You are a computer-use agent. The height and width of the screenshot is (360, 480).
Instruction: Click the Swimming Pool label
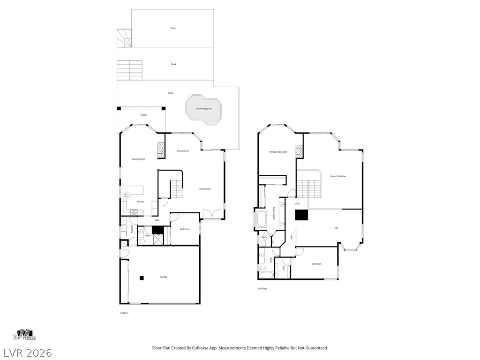coord(204,109)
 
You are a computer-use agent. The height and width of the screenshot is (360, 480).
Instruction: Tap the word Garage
coord(164,277)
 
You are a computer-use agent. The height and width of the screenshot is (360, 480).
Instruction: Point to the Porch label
coord(144,115)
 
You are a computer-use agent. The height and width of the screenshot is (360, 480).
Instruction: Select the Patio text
coord(170,93)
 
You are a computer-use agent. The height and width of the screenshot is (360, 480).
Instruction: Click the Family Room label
coord(138,159)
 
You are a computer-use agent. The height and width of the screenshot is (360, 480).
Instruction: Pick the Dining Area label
coord(183,151)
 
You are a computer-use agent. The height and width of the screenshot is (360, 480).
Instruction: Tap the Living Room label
coord(205,189)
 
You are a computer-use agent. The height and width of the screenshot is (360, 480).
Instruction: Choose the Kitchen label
coord(140,202)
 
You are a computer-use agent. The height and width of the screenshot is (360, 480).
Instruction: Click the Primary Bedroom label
coord(277,152)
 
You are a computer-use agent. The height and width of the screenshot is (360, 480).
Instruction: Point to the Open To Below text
coord(337,176)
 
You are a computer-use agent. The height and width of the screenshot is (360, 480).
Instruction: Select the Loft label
coord(335,228)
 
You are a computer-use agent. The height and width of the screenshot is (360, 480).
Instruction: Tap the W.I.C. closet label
coord(284,269)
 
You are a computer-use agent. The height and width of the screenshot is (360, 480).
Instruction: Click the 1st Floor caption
coord(124,313)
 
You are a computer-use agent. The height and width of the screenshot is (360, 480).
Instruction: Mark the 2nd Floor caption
coord(262,289)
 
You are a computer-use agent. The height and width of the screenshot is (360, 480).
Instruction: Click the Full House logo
coord(25,335)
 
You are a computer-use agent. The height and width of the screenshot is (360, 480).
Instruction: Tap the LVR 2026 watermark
coord(27,352)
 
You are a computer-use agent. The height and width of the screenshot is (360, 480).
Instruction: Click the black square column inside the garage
coord(141,278)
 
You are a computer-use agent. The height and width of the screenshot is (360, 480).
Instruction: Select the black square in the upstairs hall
coord(301,215)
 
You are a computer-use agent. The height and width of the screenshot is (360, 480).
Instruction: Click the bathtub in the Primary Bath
coord(261,219)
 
